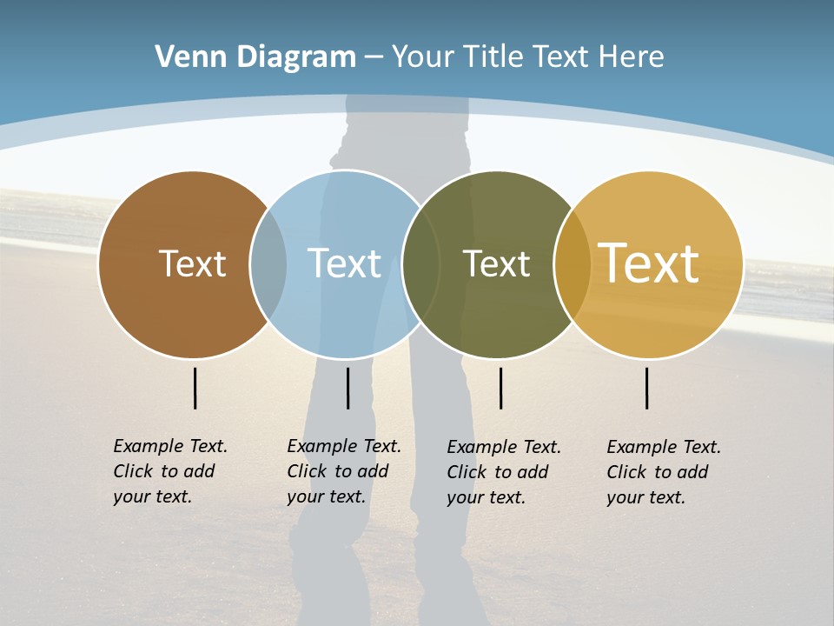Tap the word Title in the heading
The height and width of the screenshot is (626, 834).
tap(493, 57)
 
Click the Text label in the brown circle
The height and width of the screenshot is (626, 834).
tap(192, 263)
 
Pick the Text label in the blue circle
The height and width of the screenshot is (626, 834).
tap(344, 263)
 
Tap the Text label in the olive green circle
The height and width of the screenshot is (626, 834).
tap(496, 263)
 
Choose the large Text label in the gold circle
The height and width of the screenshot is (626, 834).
tap(649, 263)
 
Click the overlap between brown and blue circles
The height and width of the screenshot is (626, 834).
tap(268, 264)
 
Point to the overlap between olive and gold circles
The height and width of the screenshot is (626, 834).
tap(572, 264)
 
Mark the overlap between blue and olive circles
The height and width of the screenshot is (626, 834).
tap(421, 264)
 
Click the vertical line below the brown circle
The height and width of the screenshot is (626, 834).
tap(195, 388)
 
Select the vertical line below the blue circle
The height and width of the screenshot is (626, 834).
tap(347, 388)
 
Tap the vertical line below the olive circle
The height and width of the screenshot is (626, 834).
tap(500, 388)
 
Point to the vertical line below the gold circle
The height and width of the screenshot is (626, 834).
tap(647, 388)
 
